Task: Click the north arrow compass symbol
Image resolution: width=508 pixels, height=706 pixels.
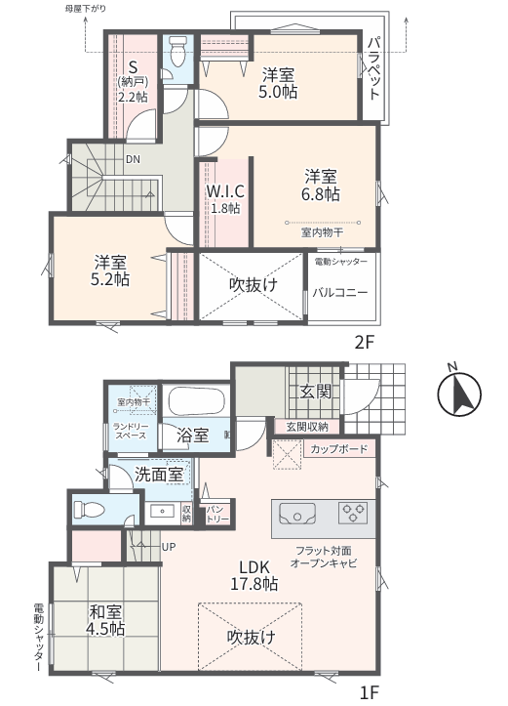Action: click(459, 393)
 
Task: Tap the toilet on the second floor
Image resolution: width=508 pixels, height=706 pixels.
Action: click(178, 51)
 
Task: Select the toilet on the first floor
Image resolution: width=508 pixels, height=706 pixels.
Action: click(89, 510)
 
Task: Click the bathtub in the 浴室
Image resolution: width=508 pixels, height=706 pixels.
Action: click(196, 400)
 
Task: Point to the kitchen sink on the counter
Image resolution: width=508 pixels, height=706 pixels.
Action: click(297, 514)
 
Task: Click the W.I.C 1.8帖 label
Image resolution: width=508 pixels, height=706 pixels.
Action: click(225, 198)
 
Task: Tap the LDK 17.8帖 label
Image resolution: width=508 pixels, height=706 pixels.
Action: click(254, 575)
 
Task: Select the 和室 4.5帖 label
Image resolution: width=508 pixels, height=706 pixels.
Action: click(105, 619)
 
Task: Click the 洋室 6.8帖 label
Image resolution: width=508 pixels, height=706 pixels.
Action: click(321, 186)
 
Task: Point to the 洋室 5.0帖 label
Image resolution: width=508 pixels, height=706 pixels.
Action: click(277, 83)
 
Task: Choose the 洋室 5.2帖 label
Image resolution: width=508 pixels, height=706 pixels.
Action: click(109, 270)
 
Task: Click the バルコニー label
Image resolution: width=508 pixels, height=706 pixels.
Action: click(340, 293)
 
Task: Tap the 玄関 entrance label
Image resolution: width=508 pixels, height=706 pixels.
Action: click(315, 392)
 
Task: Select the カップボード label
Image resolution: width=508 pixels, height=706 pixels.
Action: click(339, 448)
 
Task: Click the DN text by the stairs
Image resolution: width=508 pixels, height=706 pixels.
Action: click(133, 159)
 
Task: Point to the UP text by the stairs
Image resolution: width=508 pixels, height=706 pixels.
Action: click(169, 547)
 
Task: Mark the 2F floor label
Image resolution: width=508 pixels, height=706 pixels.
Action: click(364, 343)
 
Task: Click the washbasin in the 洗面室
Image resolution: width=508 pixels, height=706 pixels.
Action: click(162, 512)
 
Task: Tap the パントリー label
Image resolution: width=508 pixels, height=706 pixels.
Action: click(217, 515)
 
